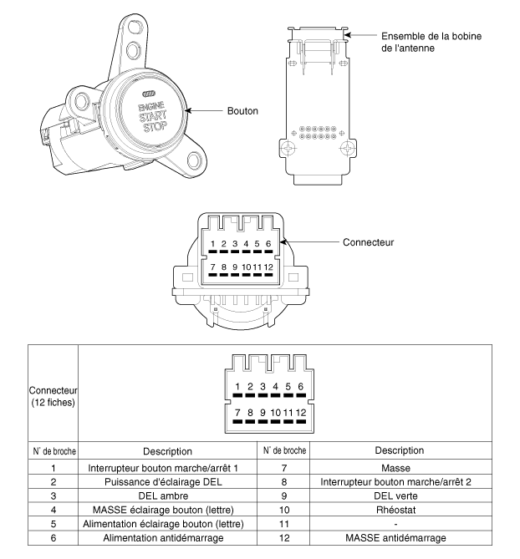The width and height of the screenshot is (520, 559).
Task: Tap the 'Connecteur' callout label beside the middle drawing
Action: [x=368, y=242]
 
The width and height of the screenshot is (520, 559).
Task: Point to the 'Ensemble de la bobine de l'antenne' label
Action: [x=431, y=43]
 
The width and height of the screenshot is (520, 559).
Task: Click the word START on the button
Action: [x=155, y=116]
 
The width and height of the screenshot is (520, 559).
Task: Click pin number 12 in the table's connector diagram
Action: [x=301, y=412]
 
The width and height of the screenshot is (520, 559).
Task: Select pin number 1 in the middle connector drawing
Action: [x=215, y=244]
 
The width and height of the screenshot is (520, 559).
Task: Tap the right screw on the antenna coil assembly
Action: [x=345, y=148]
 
